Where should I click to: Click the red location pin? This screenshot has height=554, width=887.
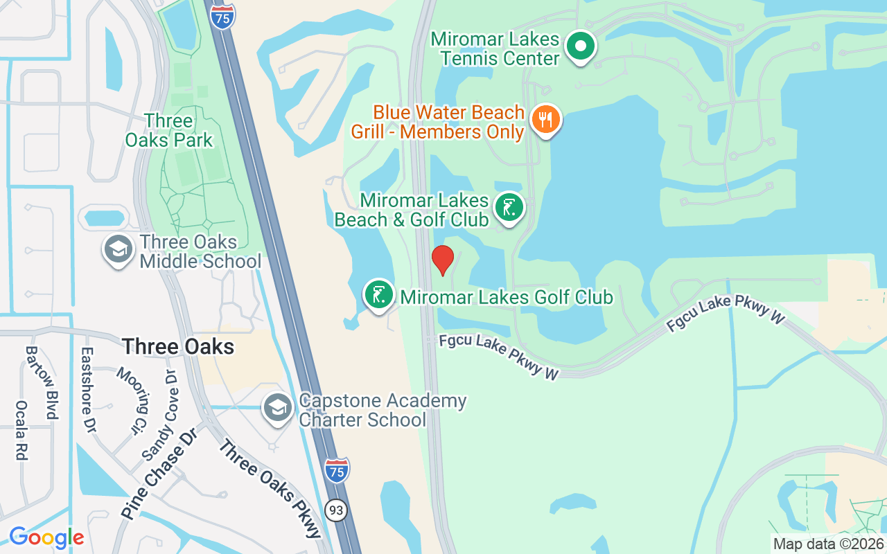443,260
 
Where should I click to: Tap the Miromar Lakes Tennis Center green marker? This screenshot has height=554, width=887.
581,46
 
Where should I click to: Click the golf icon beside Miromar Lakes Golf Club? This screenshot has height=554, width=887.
379,294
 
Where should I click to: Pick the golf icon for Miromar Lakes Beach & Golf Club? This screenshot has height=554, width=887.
509,207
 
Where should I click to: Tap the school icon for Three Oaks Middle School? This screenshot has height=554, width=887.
118,250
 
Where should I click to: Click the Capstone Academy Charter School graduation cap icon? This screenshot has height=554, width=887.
278,409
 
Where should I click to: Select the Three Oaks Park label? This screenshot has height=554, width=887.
168,130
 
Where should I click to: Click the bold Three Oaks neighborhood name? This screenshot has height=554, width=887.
178,346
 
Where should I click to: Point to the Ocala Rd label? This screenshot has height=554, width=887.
21,431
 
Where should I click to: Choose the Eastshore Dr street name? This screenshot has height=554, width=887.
87,391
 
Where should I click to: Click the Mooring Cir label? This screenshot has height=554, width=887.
132,402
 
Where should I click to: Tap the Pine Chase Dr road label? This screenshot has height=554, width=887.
159,473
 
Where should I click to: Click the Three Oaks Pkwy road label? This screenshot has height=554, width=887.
270,488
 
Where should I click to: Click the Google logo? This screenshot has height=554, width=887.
46,537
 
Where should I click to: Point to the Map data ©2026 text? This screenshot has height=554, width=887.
828,544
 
